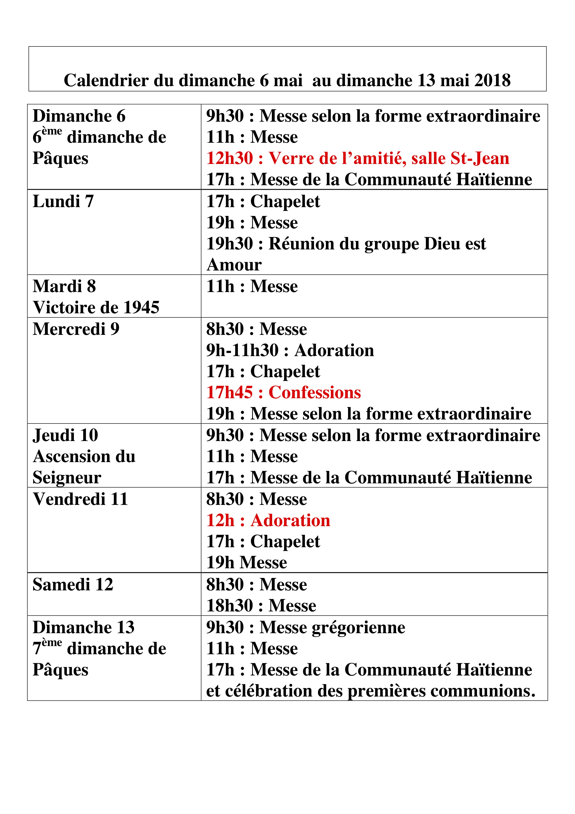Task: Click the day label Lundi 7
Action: [63, 201]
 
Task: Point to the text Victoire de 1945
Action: [96, 307]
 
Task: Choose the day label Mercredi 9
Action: [76, 329]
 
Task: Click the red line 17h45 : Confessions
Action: [283, 392]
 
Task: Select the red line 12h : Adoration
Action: [268, 520]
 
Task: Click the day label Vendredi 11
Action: [80, 499]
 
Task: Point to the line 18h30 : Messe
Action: [261, 605]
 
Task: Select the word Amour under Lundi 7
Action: [234, 265]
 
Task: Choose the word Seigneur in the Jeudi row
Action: [67, 478]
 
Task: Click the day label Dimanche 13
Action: [84, 628]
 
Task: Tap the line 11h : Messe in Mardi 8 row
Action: [252, 286]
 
